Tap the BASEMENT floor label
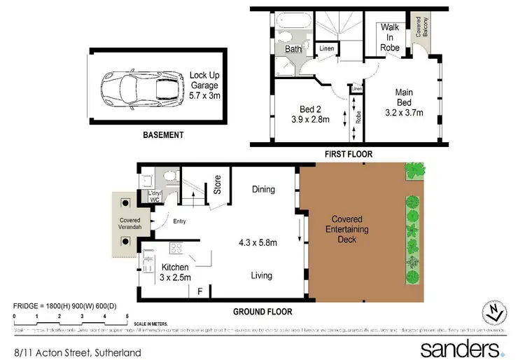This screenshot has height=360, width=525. point(162,135)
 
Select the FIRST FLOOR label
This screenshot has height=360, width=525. point(348,153)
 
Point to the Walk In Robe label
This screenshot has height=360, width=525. point(390,37)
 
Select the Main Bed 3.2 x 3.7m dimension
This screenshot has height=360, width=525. point(404,102)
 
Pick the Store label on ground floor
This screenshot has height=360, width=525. point(218,184)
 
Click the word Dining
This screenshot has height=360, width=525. point(263,189)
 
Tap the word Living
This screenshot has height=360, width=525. point(262,276)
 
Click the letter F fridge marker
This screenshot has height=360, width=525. point(200,291)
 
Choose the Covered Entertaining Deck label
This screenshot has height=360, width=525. point(348,228)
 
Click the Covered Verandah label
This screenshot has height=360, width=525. point(125,225)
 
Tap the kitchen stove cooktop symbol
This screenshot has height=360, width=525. point(176,247)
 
